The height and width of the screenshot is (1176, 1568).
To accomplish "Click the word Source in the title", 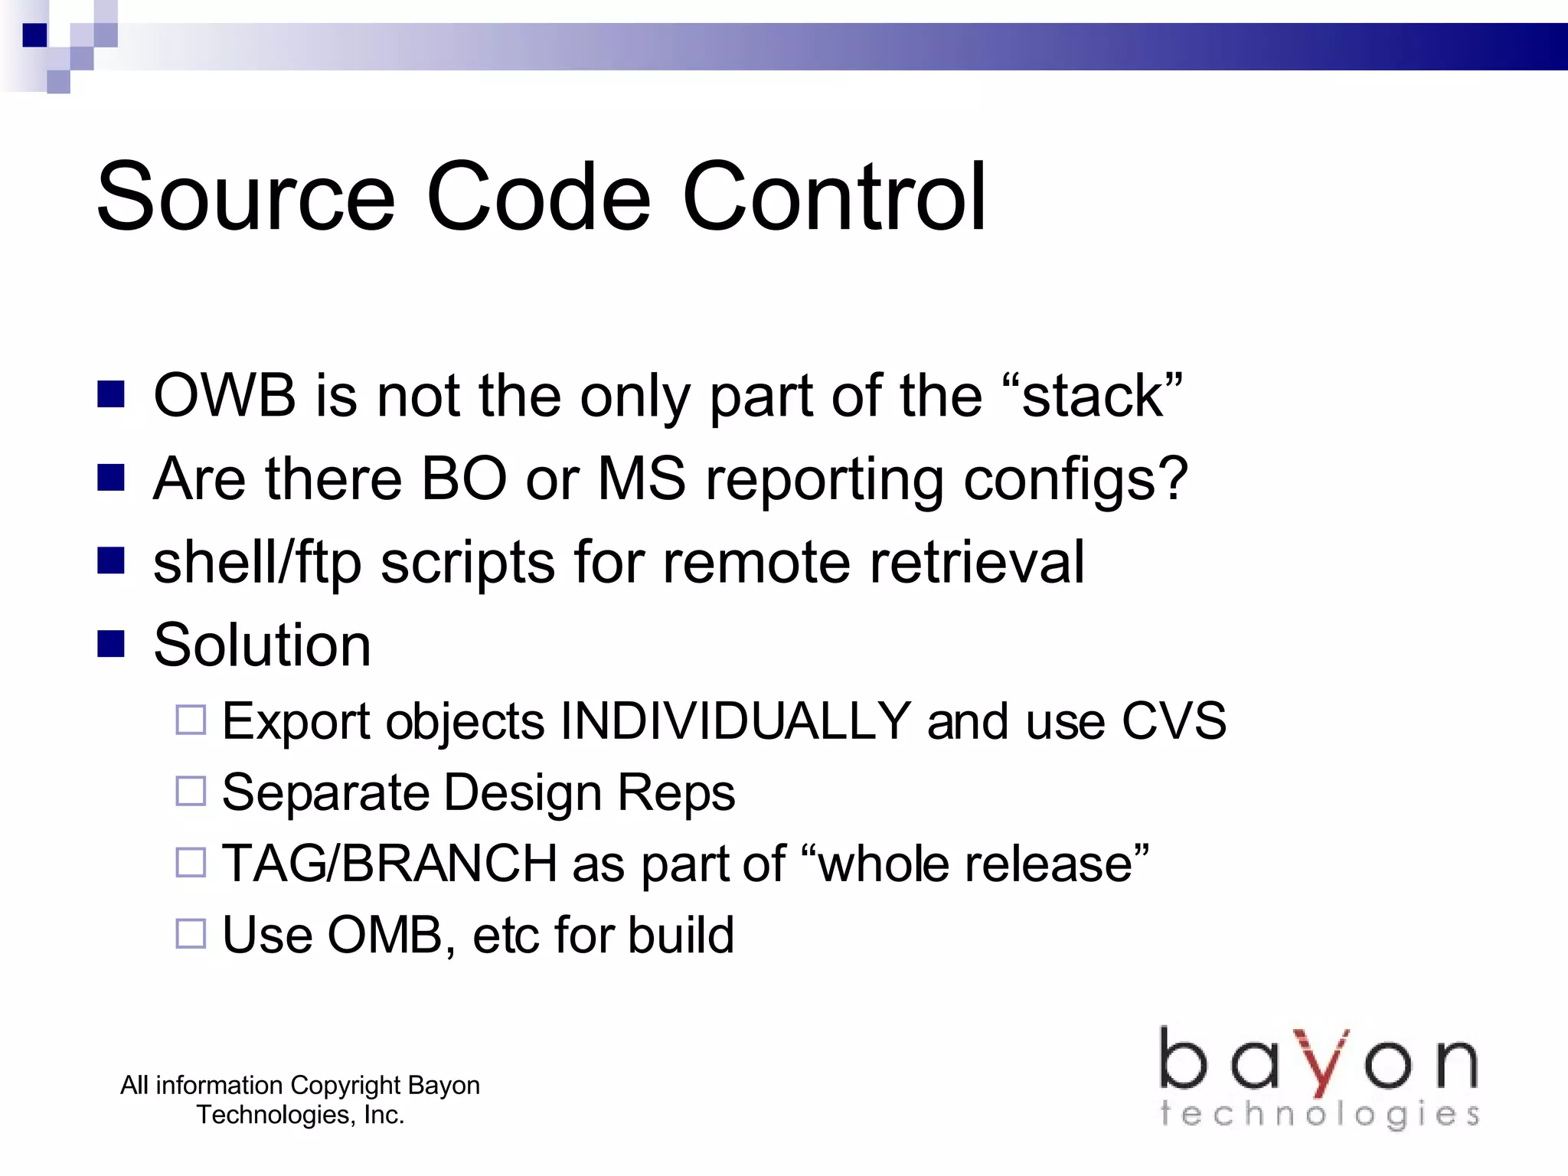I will (245, 197).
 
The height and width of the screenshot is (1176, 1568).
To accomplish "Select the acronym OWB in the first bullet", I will (224, 396).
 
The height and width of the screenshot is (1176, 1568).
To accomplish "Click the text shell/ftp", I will (256, 563).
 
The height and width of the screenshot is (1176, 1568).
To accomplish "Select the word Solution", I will (262, 645).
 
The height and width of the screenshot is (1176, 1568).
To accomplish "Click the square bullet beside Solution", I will (111, 644).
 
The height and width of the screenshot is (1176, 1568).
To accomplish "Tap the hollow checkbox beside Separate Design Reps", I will (191, 792).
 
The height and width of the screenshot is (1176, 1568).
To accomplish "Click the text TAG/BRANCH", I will (389, 864).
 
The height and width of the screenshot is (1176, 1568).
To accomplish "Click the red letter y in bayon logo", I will (1322, 1062).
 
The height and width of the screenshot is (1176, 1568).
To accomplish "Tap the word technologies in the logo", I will (1318, 1114).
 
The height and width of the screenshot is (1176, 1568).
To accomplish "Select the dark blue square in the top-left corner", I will (34, 35).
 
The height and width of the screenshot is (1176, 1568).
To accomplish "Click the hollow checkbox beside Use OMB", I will (191, 934).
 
